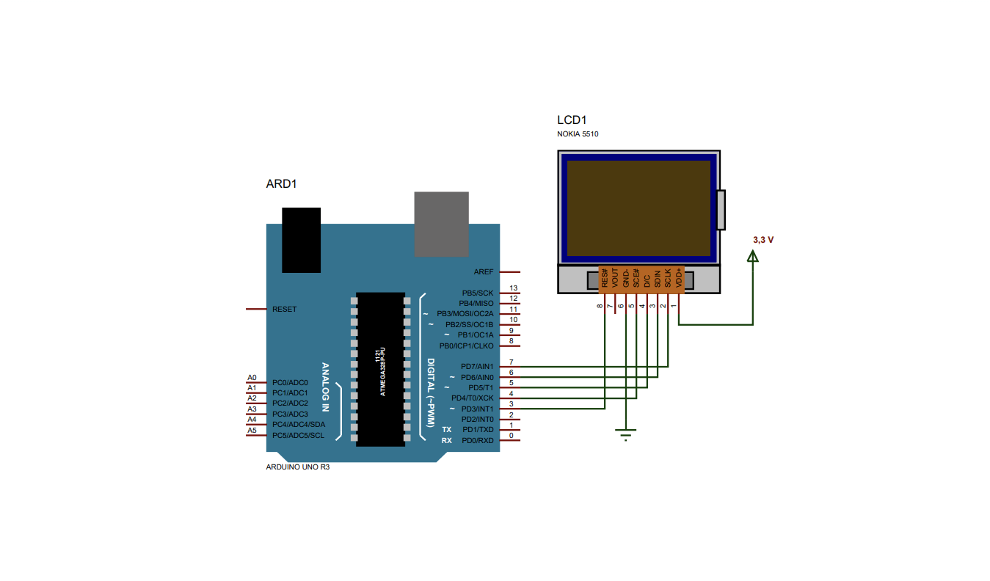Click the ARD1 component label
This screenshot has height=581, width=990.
click(281, 184)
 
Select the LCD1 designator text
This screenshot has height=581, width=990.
click(572, 120)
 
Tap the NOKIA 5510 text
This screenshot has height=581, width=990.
click(578, 134)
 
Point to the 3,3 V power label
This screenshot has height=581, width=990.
click(763, 240)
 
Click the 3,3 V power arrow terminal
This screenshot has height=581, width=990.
click(753, 256)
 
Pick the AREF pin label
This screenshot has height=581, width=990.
click(483, 271)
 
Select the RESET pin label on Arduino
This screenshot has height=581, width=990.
click(284, 310)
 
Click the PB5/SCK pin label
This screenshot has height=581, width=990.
click(477, 293)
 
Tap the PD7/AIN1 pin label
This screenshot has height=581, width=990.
click(477, 366)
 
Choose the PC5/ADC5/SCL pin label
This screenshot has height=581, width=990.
click(298, 435)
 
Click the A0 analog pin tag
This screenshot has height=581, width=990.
click(252, 377)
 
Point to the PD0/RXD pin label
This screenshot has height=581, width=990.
click(477, 440)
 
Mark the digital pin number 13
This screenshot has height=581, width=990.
click(513, 288)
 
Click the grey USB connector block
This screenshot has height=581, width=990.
click(441, 224)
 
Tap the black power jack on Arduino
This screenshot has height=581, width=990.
click(301, 240)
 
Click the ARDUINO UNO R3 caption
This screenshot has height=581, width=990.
click(297, 467)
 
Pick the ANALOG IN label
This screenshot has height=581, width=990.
click(325, 387)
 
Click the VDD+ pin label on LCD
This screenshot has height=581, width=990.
click(678, 278)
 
